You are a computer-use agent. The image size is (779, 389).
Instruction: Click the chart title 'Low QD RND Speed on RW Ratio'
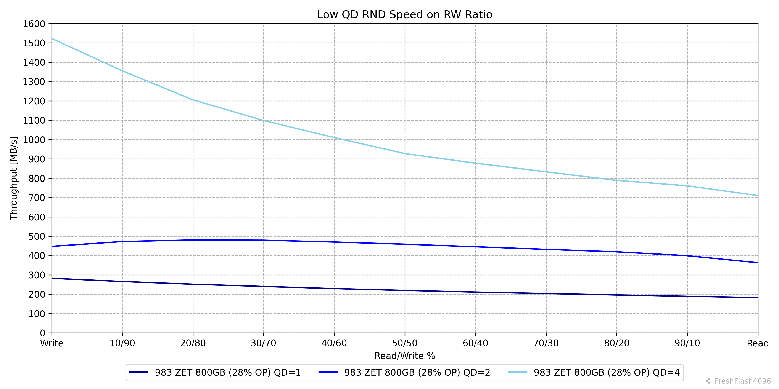tap(405, 14)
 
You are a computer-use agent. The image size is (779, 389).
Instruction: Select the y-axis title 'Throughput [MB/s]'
tap(14, 178)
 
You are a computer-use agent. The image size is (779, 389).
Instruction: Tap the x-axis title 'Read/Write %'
tap(405, 356)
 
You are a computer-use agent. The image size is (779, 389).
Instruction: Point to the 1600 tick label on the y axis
tap(34, 24)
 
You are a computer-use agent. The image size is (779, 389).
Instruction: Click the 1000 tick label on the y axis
tap(34, 140)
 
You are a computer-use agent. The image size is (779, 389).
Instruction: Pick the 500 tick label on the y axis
tap(37, 236)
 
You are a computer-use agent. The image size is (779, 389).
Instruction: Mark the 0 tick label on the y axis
tap(42, 333)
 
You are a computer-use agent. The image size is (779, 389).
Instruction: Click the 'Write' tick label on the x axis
tap(52, 343)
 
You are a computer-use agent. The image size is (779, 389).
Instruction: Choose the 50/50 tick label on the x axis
tap(405, 343)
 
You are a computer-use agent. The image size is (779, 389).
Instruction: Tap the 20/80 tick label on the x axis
tap(193, 343)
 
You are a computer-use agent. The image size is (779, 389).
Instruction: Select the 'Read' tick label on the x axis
tap(758, 343)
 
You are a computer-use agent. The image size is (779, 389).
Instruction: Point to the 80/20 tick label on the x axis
tap(617, 343)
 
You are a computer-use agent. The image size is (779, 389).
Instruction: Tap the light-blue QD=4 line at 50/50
tap(405, 153)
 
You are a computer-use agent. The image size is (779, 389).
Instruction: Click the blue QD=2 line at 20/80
tap(193, 240)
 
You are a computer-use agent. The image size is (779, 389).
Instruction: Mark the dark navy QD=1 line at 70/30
tap(546, 293)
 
